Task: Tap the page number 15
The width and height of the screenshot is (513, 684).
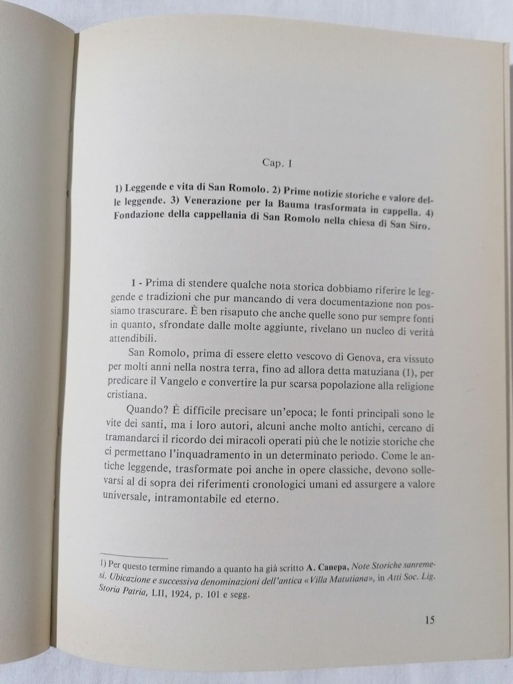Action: click(x=430, y=620)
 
